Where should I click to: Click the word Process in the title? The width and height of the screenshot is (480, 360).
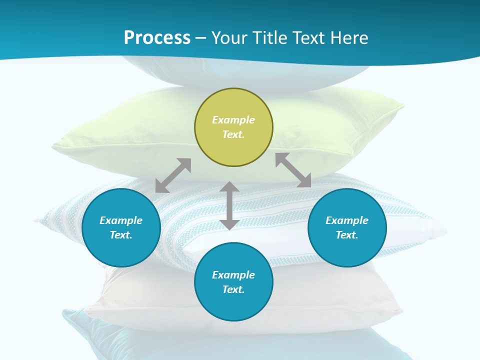point(157,38)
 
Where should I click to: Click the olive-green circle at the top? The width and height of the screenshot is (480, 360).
point(233,127)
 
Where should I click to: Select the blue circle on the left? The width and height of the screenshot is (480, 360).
point(121,227)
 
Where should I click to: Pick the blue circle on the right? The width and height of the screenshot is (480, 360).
point(347,227)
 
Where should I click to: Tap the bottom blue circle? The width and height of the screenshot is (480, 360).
point(233,282)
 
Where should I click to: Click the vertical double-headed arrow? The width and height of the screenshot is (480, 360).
point(229,205)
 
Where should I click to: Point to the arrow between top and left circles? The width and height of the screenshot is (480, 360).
point(173,175)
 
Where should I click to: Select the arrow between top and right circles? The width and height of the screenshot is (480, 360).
point(293,170)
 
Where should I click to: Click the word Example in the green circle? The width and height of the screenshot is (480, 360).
point(233,120)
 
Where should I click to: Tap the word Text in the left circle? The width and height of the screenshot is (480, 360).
point(121,235)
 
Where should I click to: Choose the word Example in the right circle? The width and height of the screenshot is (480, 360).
point(347,220)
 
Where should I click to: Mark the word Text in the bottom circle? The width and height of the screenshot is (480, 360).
point(233,289)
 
